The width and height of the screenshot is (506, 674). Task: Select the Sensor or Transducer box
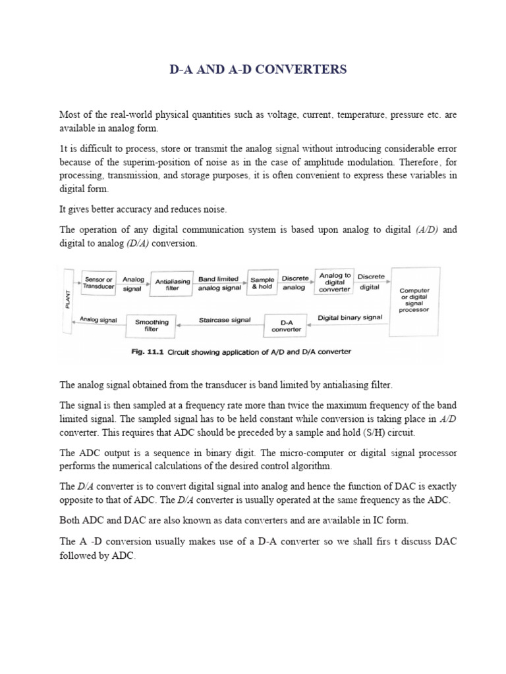click(99, 282)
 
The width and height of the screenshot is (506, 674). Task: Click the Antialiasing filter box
click(172, 284)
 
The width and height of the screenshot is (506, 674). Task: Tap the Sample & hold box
click(261, 282)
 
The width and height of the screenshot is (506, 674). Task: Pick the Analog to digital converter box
click(335, 282)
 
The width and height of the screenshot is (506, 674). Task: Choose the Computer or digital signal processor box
click(414, 299)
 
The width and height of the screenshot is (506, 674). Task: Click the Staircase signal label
click(225, 321)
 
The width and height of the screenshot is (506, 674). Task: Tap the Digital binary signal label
click(350, 317)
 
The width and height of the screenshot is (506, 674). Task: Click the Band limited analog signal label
click(219, 284)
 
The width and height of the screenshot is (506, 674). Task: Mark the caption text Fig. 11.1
click(146, 351)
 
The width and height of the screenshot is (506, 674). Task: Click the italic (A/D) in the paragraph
click(427, 230)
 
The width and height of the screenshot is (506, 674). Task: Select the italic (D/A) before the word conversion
click(134, 244)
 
